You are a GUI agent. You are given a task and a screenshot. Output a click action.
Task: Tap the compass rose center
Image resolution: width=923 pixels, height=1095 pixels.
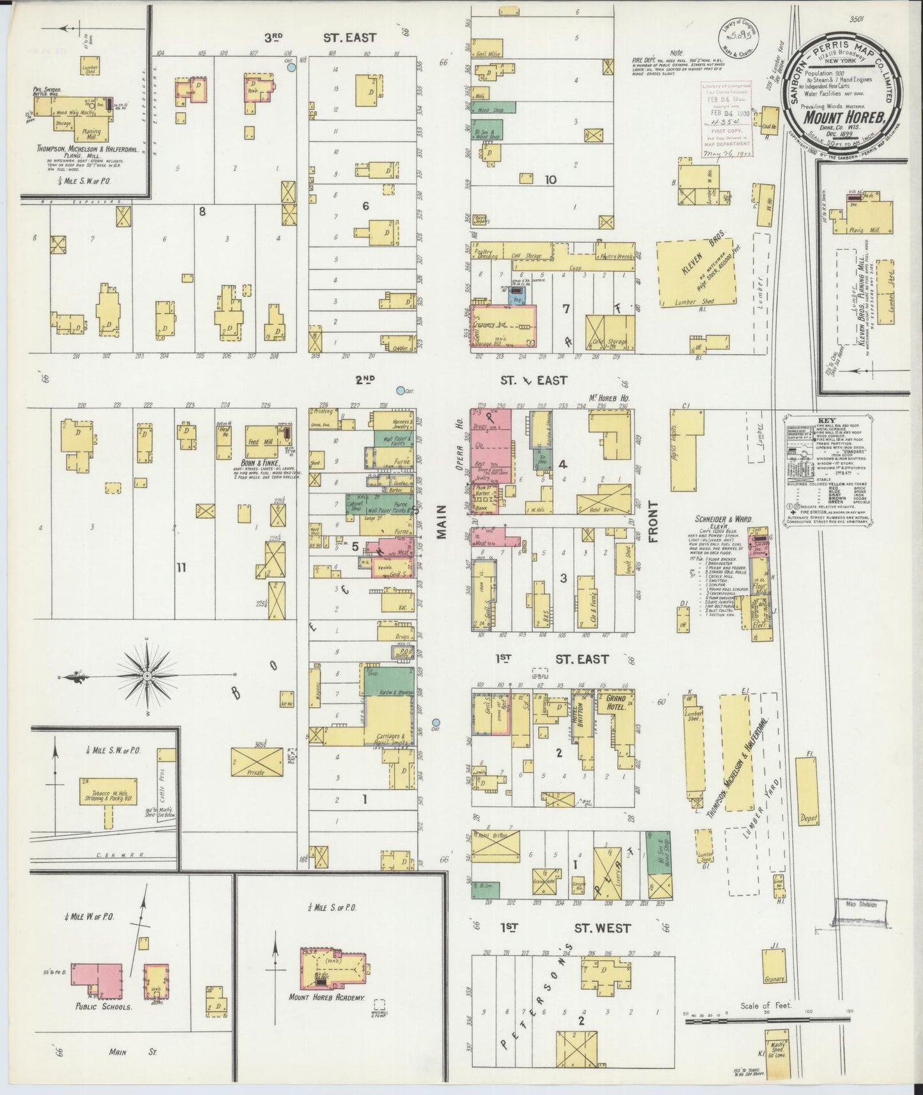[x=148, y=675]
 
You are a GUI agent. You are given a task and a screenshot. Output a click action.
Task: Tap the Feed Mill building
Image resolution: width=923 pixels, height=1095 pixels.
[x=263, y=441]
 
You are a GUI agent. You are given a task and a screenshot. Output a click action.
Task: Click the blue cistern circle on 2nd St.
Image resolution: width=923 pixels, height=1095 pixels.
[x=400, y=390]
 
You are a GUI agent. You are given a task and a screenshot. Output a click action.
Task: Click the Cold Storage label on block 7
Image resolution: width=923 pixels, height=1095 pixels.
[x=525, y=256]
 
